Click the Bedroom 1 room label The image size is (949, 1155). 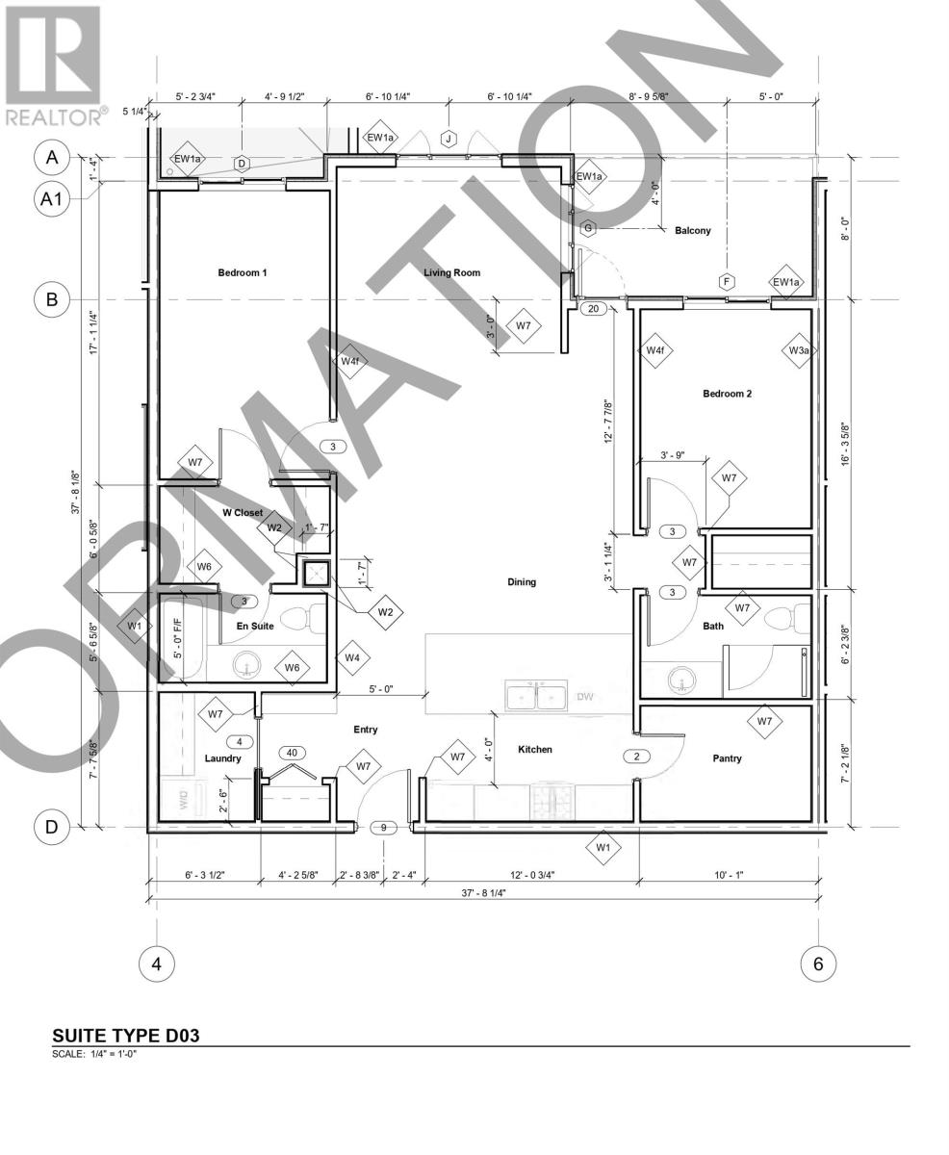click(242, 272)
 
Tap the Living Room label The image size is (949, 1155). click(451, 272)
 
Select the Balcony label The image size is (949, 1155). click(692, 230)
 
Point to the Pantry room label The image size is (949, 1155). click(727, 758)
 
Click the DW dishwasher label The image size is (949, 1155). click(585, 696)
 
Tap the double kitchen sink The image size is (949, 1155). click(537, 695)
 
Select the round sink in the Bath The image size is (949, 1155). click(682, 682)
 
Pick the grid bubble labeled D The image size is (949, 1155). click(52, 826)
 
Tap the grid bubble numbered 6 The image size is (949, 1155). click(818, 963)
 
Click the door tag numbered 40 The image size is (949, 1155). click(292, 753)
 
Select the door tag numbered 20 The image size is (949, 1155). click(593, 309)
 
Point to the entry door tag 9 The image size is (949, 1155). click(383, 827)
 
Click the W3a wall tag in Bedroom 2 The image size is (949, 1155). click(799, 351)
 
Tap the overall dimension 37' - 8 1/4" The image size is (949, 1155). click(483, 893)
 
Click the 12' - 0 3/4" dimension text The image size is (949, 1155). click(531, 875)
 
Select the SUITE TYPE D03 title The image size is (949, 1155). click(126, 1037)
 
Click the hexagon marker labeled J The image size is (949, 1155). click(449, 140)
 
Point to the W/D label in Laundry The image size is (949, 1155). click(183, 798)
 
